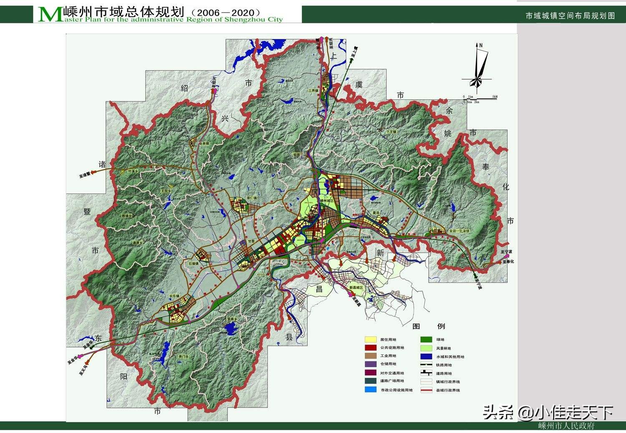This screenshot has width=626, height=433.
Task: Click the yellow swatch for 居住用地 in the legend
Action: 371,339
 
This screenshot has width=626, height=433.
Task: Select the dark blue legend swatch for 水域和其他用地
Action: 426,357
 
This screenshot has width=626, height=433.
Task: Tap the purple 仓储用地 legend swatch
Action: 371,364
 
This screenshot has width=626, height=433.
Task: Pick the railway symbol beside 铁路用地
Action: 426,365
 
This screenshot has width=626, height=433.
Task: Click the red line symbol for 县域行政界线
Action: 426,390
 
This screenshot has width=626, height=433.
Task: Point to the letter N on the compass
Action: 481,45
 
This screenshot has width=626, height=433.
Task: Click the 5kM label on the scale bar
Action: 495,97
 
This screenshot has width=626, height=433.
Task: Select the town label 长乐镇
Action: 174,296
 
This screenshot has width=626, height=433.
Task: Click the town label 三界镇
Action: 313,90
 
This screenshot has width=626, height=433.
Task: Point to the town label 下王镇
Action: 391,132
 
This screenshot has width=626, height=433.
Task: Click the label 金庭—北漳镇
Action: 459,230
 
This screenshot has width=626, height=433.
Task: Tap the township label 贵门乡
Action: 184,356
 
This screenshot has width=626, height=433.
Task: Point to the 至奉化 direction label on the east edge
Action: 508,261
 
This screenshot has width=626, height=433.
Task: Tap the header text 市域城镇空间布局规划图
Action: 570,16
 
